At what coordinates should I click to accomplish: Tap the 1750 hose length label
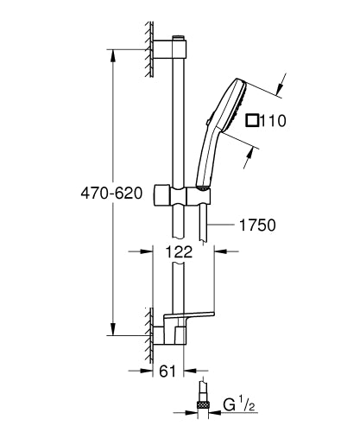point(256,226)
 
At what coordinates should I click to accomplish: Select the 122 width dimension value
point(178,252)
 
